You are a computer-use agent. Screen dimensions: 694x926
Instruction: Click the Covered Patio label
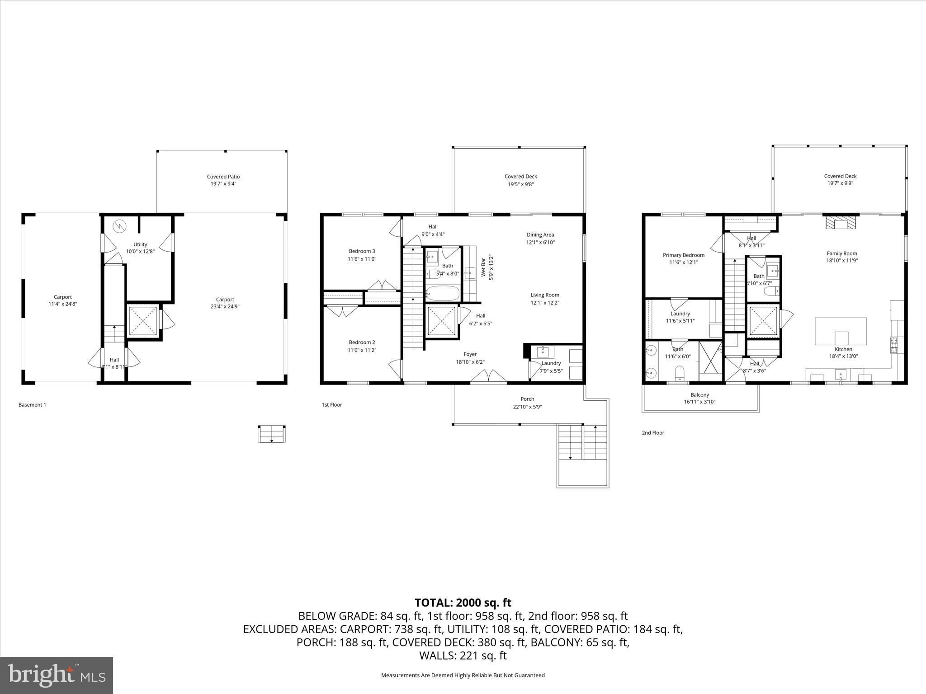click(x=223, y=177)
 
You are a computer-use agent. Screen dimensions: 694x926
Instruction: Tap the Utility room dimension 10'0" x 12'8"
click(x=140, y=252)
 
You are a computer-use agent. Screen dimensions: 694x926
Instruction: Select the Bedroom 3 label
click(x=362, y=251)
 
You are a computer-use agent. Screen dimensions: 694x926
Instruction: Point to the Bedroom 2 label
click(x=362, y=342)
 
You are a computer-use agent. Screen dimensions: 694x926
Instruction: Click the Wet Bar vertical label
click(x=483, y=267)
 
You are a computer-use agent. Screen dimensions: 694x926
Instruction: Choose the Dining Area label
click(x=540, y=235)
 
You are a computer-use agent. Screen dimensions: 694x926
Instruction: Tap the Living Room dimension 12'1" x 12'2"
click(x=545, y=303)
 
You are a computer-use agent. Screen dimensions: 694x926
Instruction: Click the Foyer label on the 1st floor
click(x=470, y=354)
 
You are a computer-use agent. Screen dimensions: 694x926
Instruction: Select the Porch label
click(x=527, y=399)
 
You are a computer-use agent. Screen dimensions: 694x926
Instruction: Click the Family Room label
click(x=842, y=253)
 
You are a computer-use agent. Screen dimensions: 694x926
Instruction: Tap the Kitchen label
click(x=844, y=349)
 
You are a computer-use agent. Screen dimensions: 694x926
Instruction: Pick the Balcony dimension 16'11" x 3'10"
click(x=699, y=402)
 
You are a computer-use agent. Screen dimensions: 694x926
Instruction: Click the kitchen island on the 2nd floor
click(x=841, y=331)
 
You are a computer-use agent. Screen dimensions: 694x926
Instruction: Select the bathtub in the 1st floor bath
click(x=443, y=294)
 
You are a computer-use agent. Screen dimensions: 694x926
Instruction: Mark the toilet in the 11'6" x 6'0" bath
click(x=679, y=373)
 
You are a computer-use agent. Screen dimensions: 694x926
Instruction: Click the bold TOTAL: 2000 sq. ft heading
click(x=463, y=603)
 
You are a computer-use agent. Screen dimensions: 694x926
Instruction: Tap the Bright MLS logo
click(x=57, y=675)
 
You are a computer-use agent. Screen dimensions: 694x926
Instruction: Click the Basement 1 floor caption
click(x=32, y=405)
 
